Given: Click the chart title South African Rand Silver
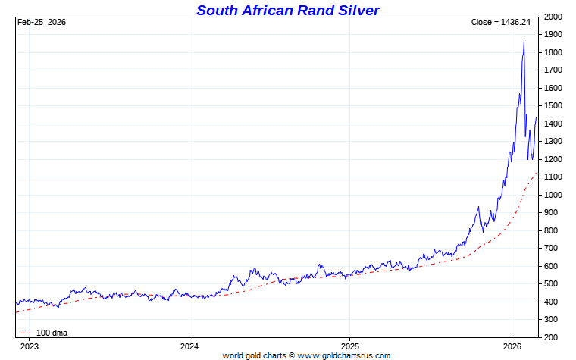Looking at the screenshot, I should (x=288, y=10).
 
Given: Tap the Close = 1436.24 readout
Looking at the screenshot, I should (x=501, y=22).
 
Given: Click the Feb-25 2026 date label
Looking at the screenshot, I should (x=42, y=22).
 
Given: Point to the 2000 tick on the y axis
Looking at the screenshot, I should (x=553, y=17).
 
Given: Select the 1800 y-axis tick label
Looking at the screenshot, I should (x=553, y=52).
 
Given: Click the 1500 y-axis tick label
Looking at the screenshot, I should (x=553, y=106).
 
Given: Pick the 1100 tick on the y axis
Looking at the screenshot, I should (x=553, y=177).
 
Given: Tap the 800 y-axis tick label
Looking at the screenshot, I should (x=553, y=230).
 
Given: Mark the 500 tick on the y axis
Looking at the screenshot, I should (x=553, y=284).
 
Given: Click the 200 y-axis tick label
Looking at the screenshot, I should (x=553, y=337).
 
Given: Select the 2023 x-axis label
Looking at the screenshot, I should (x=29, y=346).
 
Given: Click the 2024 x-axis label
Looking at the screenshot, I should (x=189, y=346).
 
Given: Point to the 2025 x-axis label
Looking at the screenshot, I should (x=349, y=346).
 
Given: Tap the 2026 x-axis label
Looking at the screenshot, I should (x=512, y=346).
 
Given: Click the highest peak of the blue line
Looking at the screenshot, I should (x=524, y=41).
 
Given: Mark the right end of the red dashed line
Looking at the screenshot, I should (x=537, y=173).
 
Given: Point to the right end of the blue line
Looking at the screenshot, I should (x=537, y=117).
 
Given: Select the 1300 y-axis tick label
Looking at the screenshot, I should (x=553, y=142).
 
